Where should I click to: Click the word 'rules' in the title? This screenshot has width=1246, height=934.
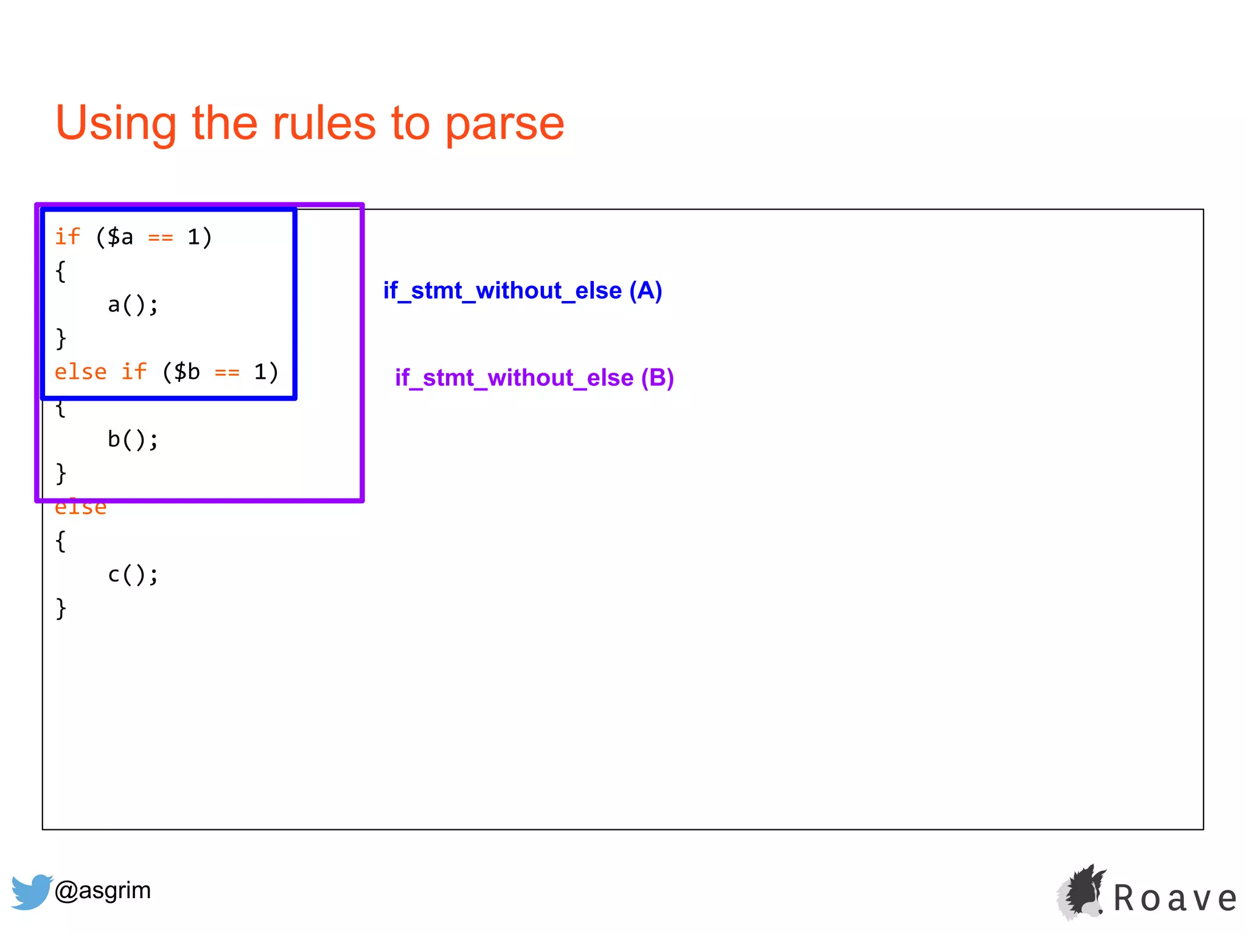tap(324, 123)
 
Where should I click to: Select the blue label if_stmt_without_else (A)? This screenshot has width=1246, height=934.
tap(522, 291)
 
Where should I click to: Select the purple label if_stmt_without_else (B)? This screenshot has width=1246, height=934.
tap(534, 378)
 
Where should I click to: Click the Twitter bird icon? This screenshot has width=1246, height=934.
tap(30, 891)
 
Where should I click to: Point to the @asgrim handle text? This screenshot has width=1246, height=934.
tap(102, 890)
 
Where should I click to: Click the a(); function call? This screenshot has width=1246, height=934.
tap(133, 305)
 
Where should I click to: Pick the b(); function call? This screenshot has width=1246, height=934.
tap(133, 440)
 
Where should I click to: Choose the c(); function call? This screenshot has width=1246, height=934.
tap(133, 575)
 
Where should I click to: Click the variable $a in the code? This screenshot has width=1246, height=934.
tap(120, 237)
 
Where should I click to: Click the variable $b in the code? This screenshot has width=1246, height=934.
tap(186, 372)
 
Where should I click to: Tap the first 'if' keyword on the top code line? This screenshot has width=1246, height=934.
tap(67, 237)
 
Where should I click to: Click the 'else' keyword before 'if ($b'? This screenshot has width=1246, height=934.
tap(80, 372)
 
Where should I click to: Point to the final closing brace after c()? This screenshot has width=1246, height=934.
tap(60, 608)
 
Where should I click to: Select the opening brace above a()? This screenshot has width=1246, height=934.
tap(60, 271)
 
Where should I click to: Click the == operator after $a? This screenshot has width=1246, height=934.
tap(161, 238)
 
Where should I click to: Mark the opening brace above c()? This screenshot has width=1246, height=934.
tap(60, 541)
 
